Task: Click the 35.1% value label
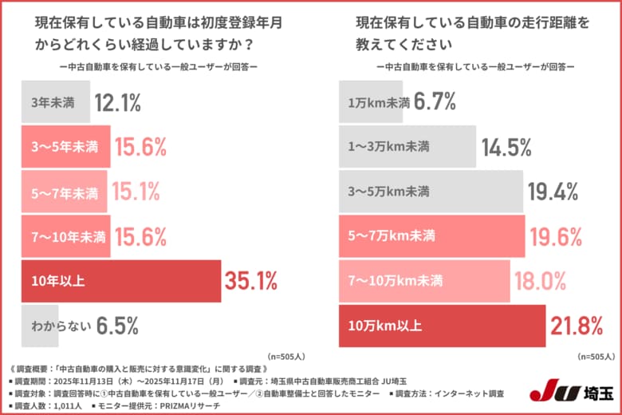click(x=250, y=281)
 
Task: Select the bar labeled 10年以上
click(x=120, y=281)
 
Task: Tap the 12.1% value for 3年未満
click(x=118, y=102)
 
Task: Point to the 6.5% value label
click(x=118, y=326)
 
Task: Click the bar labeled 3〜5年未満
click(x=65, y=147)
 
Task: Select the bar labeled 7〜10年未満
click(x=65, y=236)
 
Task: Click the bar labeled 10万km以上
click(x=442, y=326)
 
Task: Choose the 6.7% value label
click(x=435, y=102)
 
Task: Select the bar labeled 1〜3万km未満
click(x=407, y=147)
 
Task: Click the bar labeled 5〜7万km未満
click(x=431, y=236)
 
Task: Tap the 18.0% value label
click(x=539, y=281)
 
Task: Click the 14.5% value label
click(x=507, y=147)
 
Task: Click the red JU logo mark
click(x=549, y=392)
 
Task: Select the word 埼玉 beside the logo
click(x=592, y=392)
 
